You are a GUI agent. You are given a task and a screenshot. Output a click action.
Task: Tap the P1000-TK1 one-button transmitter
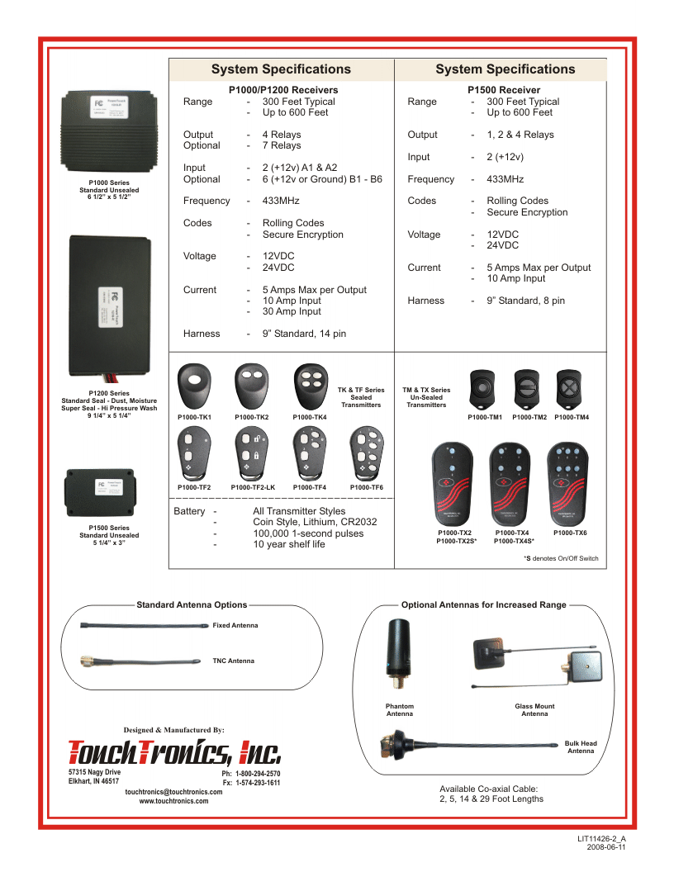pyautogui.click(x=195, y=384)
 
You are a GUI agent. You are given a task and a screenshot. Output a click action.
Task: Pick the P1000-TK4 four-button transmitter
pyautogui.click(x=310, y=384)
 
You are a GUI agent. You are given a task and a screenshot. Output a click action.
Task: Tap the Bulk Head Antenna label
pyautogui.click(x=581, y=747)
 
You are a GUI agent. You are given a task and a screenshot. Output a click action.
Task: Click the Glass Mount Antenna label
pyautogui.click(x=534, y=710)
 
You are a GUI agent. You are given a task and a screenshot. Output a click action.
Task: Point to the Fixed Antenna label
pyautogui.click(x=235, y=625)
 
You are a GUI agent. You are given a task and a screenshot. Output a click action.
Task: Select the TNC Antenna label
pyautogui.click(x=234, y=661)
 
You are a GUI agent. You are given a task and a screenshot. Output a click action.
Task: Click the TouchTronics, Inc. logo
pyautogui.click(x=174, y=751)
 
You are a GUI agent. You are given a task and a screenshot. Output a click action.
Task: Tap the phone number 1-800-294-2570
pyautogui.click(x=257, y=774)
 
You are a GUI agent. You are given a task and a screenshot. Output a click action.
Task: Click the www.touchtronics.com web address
pyautogui.click(x=174, y=801)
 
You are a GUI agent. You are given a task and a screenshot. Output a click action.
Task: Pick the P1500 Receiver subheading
pyautogui.click(x=503, y=90)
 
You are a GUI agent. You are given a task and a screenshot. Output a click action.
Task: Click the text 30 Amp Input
pyautogui.click(x=292, y=312)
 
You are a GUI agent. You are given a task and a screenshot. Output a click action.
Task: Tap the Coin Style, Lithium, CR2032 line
pyautogui.click(x=315, y=522)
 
